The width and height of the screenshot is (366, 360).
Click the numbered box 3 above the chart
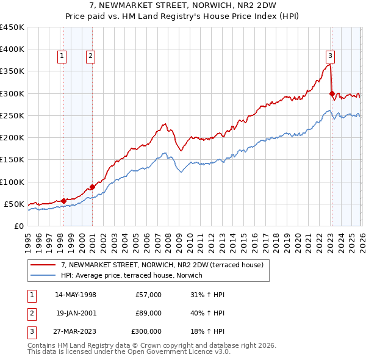pos(330,56)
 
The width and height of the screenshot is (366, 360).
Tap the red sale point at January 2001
pos(92,187)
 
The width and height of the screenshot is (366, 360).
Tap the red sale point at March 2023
pos(332,94)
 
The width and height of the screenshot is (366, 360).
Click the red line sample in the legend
pos(43,265)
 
